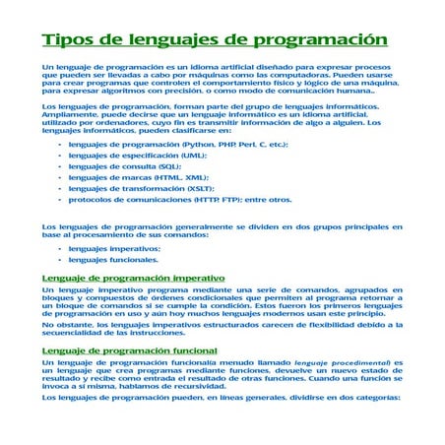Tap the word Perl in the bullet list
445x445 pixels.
point(250,144)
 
